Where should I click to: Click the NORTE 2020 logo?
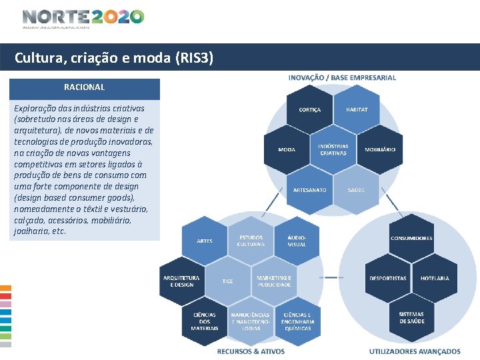[83, 18]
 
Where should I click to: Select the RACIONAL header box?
[84, 88]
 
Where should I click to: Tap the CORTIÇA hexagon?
[310, 110]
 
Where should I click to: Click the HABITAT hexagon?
[357, 110]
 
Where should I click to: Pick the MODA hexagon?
[287, 149]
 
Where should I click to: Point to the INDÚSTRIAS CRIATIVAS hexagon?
[333, 149]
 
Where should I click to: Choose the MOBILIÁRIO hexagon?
[380, 149]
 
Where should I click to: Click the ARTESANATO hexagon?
[310, 190]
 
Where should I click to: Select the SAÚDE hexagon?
[356, 190]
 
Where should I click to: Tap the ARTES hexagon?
[205, 241]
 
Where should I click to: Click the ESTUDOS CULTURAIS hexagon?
[251, 241]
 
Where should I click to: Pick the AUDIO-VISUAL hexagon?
[297, 241]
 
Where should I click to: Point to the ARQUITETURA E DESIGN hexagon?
[181, 281]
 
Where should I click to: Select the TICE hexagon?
[228, 281]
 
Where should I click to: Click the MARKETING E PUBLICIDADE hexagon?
[274, 281]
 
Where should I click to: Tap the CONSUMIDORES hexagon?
[411, 238]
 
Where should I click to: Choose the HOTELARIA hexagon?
[435, 278]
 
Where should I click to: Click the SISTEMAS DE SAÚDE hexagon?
[411, 318]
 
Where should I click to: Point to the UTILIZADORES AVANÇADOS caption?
[415, 351]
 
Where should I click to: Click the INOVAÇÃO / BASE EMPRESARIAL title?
[342, 78]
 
